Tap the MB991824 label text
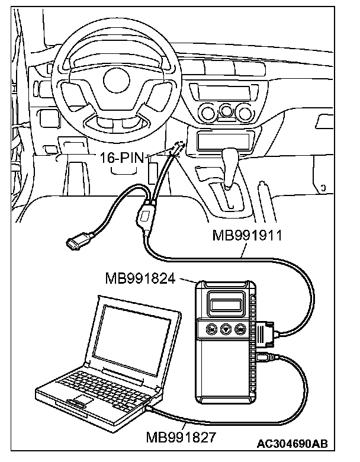tap(140, 278)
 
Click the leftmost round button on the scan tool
tap(211, 329)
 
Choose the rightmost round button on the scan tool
tap(240, 329)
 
